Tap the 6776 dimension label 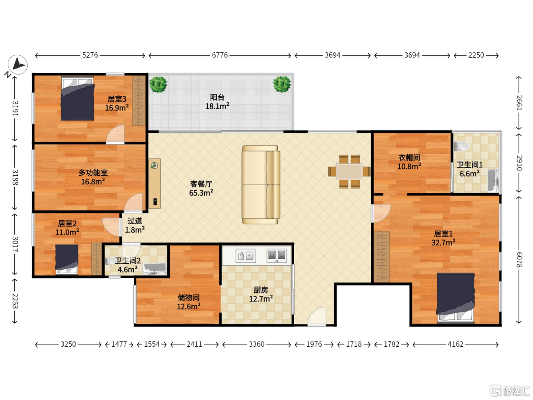tap(220, 55)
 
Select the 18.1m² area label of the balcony tap(217, 106)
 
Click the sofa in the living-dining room tap(261, 185)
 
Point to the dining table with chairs tap(349, 171)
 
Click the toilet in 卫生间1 tap(461, 146)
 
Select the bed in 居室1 tap(456, 297)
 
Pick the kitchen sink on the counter tap(246, 255)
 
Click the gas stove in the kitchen tap(276, 255)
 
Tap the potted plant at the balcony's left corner tap(158, 84)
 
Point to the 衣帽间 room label tap(409, 158)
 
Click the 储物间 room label tap(189, 298)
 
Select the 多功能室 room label tap(93, 172)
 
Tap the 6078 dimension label tap(519, 260)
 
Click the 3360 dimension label tap(256, 344)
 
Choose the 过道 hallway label tap(135, 221)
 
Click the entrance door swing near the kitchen tap(317, 317)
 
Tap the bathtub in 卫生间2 tap(154, 269)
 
